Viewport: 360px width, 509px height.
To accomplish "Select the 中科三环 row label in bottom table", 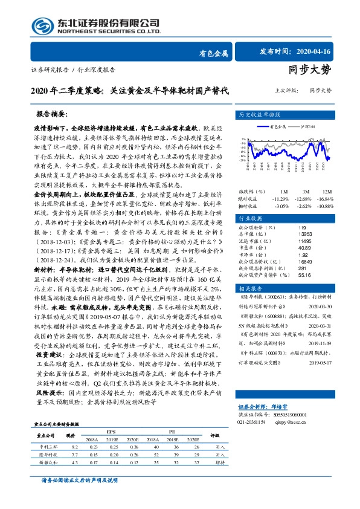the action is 47,446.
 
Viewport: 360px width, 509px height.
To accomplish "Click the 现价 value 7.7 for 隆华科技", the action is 74,453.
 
